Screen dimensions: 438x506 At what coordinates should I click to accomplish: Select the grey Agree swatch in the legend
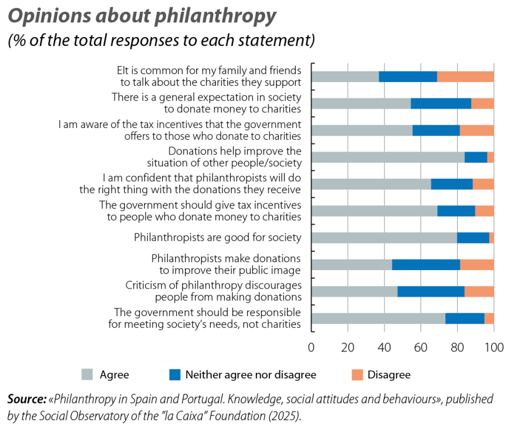pos(87,374)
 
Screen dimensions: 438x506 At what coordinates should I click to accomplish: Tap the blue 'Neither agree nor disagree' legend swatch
pos(175,374)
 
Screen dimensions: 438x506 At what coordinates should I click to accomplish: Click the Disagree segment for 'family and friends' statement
pos(466,77)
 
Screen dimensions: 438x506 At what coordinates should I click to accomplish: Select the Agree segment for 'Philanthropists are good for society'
pos(384,238)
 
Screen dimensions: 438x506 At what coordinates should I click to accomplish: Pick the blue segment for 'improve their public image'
pos(426,265)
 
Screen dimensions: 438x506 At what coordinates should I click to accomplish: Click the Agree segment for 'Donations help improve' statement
pos(388,157)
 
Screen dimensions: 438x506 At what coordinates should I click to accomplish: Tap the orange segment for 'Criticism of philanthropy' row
pos(480,292)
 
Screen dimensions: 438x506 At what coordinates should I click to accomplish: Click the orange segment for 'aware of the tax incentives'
pos(477,131)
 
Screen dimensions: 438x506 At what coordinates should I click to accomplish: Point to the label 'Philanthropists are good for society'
pos(218,238)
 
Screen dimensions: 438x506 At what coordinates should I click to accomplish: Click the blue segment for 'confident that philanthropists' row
pos(451,185)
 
